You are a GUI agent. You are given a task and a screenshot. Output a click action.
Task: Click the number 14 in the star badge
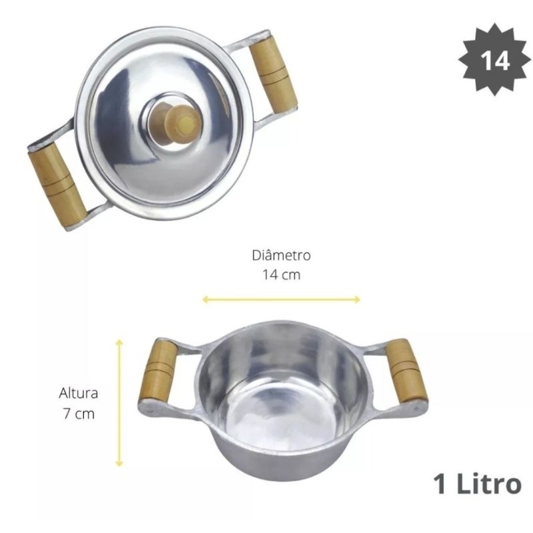[494, 61]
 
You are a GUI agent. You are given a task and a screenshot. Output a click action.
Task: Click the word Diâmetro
[281, 255]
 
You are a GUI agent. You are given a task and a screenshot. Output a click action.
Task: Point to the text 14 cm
[281, 274]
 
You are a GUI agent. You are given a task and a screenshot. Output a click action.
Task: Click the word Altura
[78, 393]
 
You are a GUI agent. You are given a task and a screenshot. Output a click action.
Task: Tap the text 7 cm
[79, 414]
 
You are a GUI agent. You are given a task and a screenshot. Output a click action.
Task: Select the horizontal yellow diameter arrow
[281, 299]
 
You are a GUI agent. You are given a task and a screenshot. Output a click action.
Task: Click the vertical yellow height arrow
[119, 403]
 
